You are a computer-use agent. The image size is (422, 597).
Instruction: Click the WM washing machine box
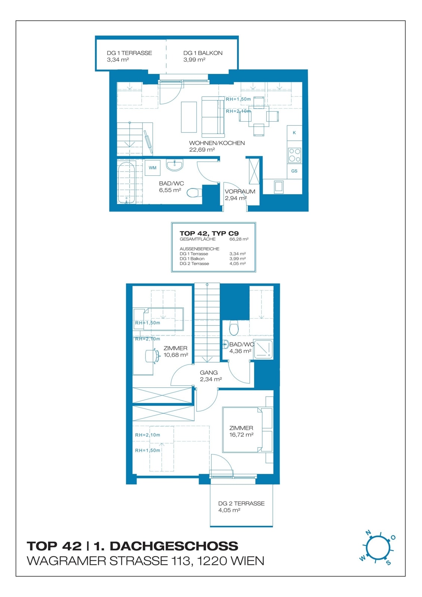point(153,168)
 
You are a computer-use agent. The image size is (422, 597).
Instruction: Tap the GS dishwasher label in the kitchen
point(294,171)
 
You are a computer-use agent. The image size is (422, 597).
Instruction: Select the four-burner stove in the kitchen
point(294,155)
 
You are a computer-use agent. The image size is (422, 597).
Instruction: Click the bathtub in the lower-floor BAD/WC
point(126,183)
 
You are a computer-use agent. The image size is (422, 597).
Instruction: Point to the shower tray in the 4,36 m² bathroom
point(263,349)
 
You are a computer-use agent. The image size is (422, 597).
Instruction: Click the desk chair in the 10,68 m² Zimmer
point(152,356)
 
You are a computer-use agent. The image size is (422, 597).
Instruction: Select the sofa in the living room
point(213,117)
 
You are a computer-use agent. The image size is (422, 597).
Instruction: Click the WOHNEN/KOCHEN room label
point(217,143)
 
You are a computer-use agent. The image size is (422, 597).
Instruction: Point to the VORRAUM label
point(240,191)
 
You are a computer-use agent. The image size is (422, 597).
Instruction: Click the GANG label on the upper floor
point(209,372)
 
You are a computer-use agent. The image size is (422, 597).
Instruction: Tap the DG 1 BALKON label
point(203,53)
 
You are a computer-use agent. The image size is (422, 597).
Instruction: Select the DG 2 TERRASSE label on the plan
point(241,503)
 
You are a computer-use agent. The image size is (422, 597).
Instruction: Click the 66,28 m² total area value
point(239,239)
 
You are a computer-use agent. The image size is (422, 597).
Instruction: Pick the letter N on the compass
point(368,533)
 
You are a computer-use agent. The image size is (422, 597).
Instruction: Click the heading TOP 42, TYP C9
point(209,233)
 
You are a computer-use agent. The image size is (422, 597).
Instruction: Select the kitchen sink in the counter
point(279,186)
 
